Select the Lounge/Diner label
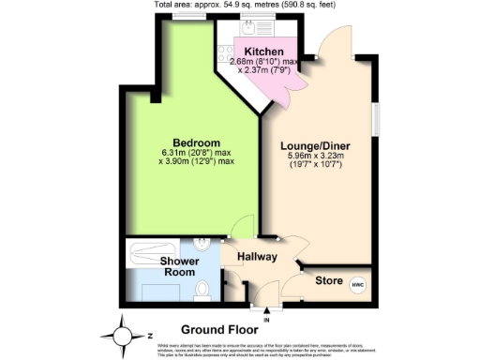315,146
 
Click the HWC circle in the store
356,284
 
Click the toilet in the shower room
203,290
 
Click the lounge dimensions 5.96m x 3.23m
315,157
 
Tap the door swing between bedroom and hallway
243,226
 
